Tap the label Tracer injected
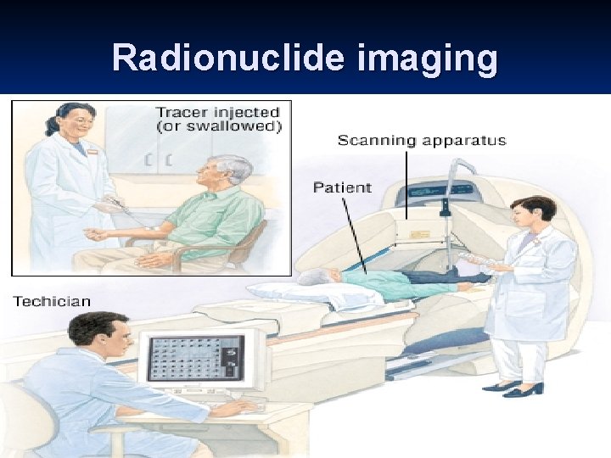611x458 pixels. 217,112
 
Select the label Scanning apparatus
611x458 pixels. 422,141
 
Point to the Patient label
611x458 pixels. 342,187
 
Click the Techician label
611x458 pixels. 51,301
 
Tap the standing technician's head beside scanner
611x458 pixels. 534,215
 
